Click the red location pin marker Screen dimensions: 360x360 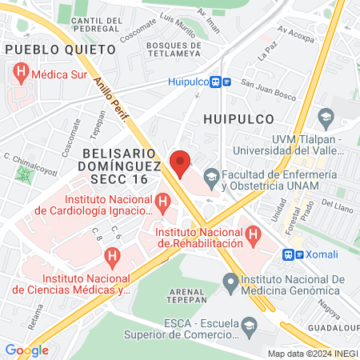tap(180, 162)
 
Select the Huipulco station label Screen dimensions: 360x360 tap(190, 81)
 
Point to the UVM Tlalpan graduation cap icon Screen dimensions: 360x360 tap(326, 119)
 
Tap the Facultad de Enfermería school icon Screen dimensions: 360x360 tap(211, 174)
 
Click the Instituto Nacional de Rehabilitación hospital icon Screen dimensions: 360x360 tap(254, 235)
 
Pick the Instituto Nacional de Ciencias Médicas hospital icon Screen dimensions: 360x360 tap(112, 257)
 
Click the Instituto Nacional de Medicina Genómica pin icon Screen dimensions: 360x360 tap(230, 280)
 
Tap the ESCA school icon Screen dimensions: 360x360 tap(250, 324)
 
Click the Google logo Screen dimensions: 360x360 tap(26, 350)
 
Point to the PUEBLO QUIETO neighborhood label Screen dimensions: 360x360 tap(60, 49)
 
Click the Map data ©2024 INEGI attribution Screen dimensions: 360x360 tap(312, 353)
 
